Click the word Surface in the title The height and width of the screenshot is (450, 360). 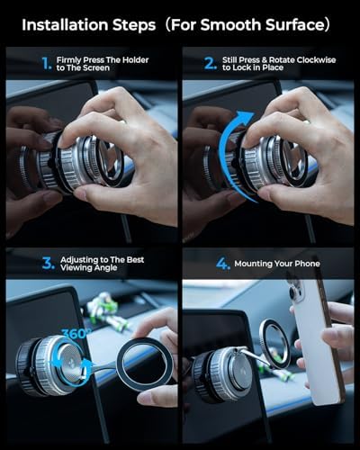click(294, 25)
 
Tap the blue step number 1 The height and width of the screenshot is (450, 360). click(47, 63)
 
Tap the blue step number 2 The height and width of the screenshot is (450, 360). click(210, 63)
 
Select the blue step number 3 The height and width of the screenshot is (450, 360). click(49, 263)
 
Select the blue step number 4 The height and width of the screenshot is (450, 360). click(223, 264)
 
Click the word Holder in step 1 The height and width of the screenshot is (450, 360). click(135, 60)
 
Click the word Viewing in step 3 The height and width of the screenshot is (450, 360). click(74, 268)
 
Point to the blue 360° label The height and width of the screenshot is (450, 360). click(74, 334)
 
